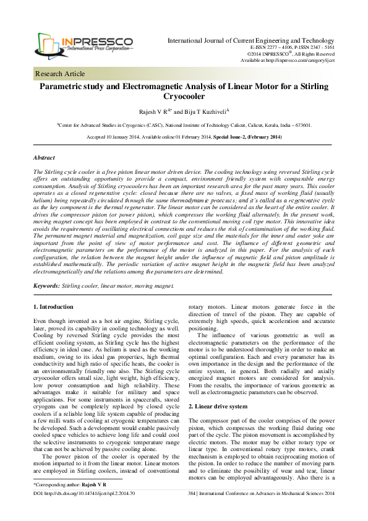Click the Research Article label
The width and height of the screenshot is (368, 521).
(x=61, y=74)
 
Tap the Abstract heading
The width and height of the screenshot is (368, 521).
(x=44, y=158)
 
